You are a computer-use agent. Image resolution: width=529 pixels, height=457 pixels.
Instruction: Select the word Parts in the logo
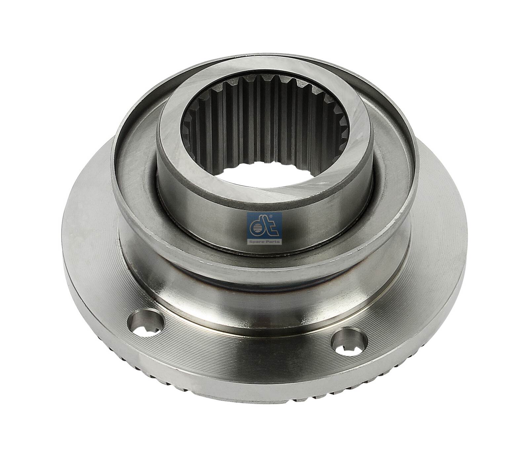click(273, 241)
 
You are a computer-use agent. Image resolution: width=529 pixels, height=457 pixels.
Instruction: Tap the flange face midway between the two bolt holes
click(248, 351)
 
